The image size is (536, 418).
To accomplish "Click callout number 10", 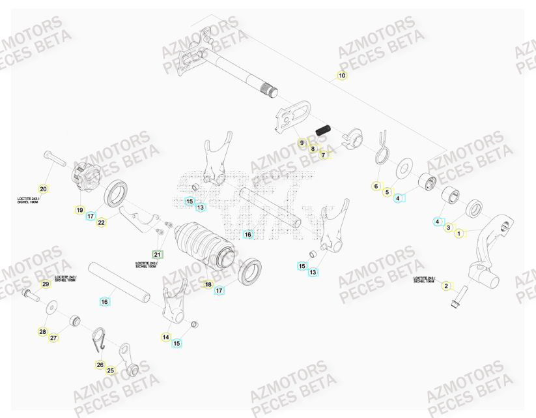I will coord(342,76).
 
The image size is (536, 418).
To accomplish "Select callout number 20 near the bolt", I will coord(44,188).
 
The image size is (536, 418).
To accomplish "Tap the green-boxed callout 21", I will coord(157,254).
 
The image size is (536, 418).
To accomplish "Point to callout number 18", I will coord(208,284).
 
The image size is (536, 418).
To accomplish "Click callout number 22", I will coord(102,222).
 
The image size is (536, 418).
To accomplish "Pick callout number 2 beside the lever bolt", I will coord(446,286).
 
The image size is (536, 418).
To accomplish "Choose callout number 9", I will coord(302,142).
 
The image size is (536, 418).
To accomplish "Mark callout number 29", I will coord(45,284).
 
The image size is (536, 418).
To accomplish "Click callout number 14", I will coord(165,337).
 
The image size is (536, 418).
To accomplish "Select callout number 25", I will coord(110,370).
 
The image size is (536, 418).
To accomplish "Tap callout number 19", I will coord(79,211).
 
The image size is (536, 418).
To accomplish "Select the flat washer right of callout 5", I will coord(404,168).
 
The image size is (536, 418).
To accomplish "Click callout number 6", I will coord(376,187).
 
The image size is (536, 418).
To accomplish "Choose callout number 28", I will coord(42,332).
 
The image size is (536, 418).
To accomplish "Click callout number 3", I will coord(448,228).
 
